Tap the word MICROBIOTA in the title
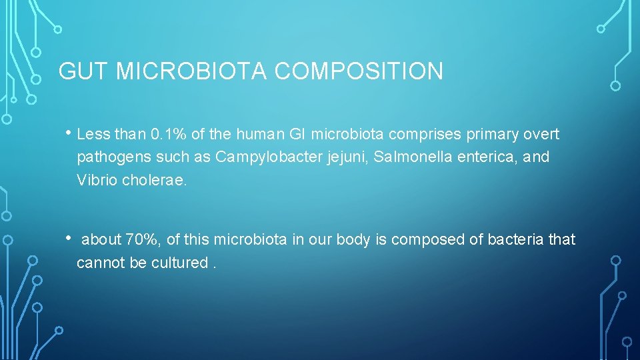click(194, 71)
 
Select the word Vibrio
click(97, 181)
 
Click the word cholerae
click(155, 181)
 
